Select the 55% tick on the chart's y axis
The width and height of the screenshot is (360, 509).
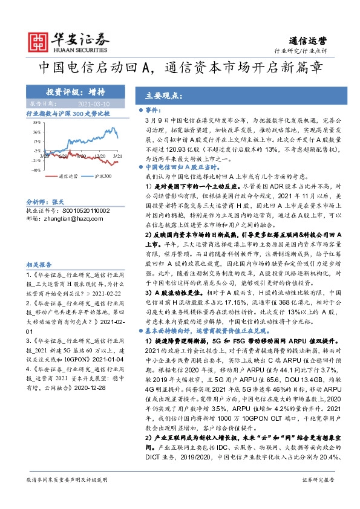[x=38, y=122]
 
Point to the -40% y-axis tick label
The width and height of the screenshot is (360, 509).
[x=36, y=170]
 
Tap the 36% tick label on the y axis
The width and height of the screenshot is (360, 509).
[x=38, y=131]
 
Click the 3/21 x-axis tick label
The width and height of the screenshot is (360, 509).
[x=117, y=156]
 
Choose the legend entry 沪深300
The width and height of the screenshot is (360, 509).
[x=103, y=176]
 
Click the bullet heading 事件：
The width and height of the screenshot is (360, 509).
[x=172, y=111]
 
